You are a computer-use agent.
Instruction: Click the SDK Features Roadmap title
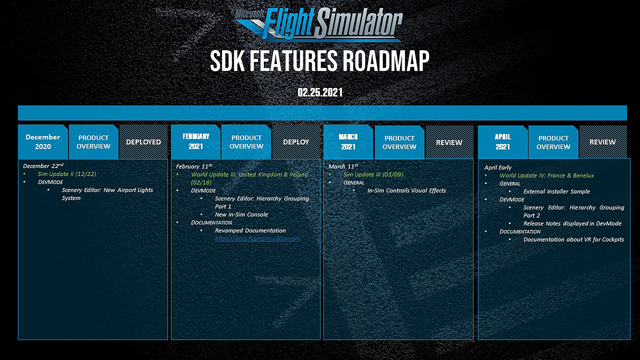pos(320,61)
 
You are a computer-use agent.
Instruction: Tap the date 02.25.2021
pos(320,92)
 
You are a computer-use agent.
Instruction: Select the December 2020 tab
pos(43,142)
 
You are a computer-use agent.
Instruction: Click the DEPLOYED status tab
pos(143,142)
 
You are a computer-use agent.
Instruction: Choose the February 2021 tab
pos(196,142)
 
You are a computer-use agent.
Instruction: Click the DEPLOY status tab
pos(296,142)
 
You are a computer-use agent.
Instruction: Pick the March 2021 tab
pos(348,142)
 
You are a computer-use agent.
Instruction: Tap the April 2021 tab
pos(503,142)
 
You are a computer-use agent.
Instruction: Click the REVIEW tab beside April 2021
pos(603,142)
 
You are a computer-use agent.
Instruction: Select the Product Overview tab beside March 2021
pos(399,142)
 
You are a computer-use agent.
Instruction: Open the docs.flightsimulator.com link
pos(257,238)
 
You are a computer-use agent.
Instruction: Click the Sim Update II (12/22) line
pos(67,174)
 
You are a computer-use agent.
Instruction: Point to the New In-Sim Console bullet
pos(241,214)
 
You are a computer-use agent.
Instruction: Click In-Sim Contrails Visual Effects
pos(407,190)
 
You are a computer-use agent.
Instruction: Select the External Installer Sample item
pos(557,191)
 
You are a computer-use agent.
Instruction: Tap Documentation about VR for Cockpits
pos(574,239)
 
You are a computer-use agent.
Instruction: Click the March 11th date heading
pos(343,166)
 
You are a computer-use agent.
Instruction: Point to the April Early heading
pos(498,167)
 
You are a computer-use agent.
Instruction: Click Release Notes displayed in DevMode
pos(572,223)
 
